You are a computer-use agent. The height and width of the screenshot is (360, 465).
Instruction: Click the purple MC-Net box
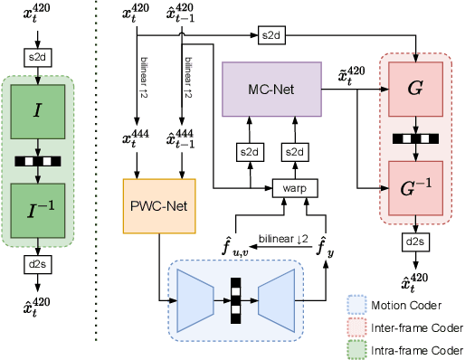271,89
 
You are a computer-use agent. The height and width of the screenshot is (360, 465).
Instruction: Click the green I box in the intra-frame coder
37,110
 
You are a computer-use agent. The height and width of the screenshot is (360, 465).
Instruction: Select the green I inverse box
37,209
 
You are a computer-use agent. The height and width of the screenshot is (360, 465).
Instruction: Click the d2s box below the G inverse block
414,242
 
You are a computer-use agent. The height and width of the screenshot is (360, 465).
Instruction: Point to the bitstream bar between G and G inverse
413,138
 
